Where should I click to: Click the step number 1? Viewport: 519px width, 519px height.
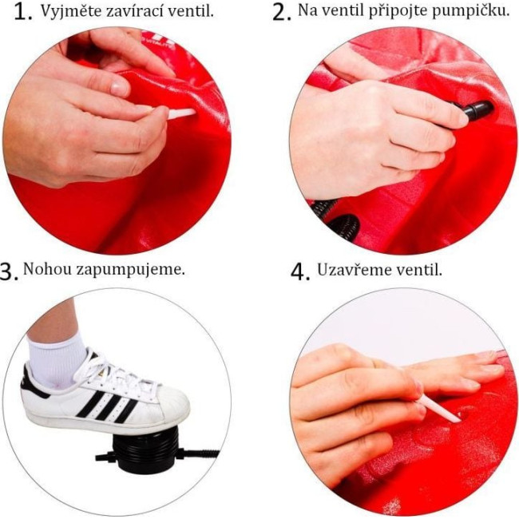pyautogui.click(x=23, y=13)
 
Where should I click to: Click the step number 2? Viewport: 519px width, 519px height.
pyautogui.click(x=281, y=13)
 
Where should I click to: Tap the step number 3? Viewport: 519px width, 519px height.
pyautogui.click(x=9, y=271)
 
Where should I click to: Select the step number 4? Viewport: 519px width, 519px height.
pyautogui.click(x=300, y=271)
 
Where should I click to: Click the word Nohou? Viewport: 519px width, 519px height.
pyautogui.click(x=47, y=269)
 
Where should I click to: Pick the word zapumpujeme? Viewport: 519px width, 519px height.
pyautogui.click(x=130, y=270)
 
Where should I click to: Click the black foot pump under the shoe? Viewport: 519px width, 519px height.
pyautogui.click(x=145, y=450)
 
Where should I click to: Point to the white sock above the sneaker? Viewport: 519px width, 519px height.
pyautogui.click(x=57, y=359)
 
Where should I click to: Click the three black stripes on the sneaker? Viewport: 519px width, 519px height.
pyautogui.click(x=106, y=406)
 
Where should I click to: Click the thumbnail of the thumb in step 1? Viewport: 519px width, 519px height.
pyautogui.click(x=120, y=89)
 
